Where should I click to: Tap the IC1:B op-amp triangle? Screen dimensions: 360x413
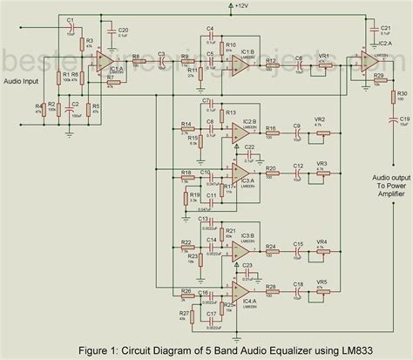click(x=236, y=60)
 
